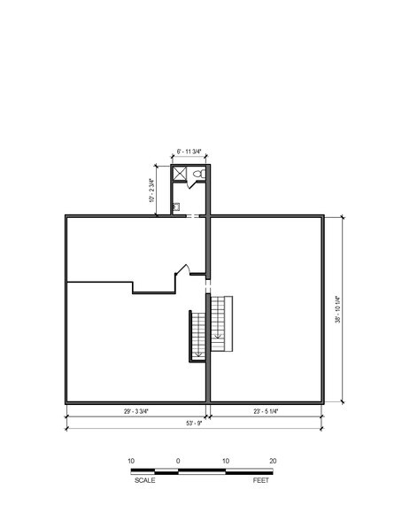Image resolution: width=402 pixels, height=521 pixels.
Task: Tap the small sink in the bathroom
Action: pyautogui.click(x=176, y=206)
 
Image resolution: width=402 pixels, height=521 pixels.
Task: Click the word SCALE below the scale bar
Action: pyautogui.click(x=145, y=479)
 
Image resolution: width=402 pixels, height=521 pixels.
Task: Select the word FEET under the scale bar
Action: pyautogui.click(x=261, y=479)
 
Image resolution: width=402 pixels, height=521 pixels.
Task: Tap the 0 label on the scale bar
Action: pyautogui.click(x=178, y=461)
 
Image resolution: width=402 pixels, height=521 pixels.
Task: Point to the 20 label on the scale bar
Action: pyautogui.click(x=273, y=461)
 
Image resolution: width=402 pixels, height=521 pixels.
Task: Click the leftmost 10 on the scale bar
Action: pyautogui.click(x=130, y=461)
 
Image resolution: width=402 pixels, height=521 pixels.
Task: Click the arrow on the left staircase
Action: pyautogui.click(x=197, y=352)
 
